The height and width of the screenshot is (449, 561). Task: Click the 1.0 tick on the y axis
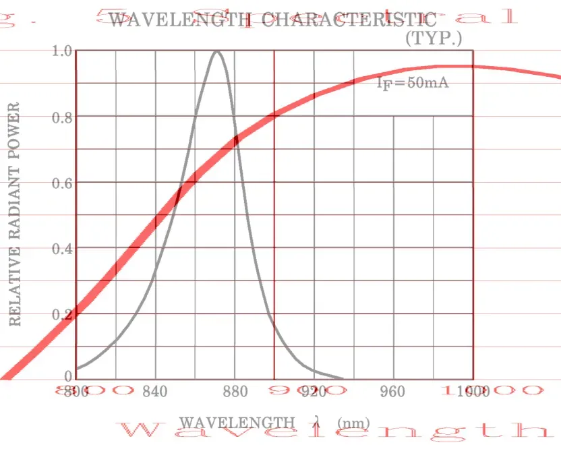click(61, 51)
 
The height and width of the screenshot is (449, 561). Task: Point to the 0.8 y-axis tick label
click(61, 117)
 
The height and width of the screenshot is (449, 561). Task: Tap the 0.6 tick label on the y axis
click(61, 183)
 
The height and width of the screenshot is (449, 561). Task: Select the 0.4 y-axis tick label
click(61, 249)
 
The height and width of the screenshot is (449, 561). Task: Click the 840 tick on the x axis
click(156, 392)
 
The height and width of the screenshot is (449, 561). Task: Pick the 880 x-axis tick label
click(235, 392)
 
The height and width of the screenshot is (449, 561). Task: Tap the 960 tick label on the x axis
click(393, 392)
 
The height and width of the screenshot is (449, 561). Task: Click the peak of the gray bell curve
click(216, 51)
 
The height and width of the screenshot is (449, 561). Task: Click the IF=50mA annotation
click(412, 84)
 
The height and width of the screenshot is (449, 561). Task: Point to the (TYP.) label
click(433, 38)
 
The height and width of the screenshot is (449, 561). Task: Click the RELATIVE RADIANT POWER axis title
click(16, 214)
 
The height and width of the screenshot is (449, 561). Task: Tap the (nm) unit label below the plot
click(353, 423)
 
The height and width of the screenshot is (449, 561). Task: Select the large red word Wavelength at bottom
click(337, 430)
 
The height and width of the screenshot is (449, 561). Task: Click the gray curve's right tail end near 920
click(342, 378)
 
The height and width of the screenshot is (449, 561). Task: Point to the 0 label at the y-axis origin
click(68, 376)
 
